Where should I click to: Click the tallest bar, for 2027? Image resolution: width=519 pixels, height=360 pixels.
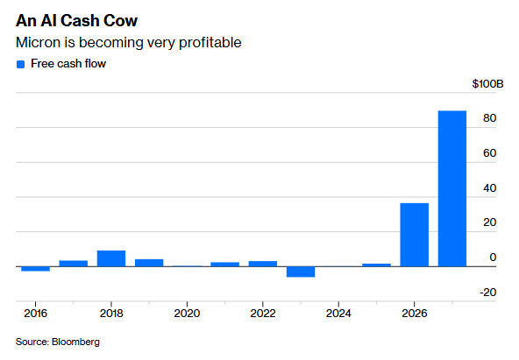pyautogui.click(x=452, y=188)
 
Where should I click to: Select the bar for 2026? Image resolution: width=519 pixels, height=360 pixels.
pyautogui.click(x=414, y=235)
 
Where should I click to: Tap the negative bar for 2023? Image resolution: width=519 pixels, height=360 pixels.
pyautogui.click(x=301, y=272)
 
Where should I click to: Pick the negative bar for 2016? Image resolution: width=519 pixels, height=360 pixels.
pyautogui.click(x=35, y=269)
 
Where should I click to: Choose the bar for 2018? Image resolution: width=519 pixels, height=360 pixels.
pyautogui.click(x=111, y=258)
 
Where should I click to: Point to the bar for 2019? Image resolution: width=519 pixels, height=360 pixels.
pyautogui.click(x=149, y=263)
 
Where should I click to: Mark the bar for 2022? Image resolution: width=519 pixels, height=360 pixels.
pyautogui.click(x=263, y=264)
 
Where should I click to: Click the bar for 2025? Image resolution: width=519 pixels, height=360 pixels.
pyautogui.click(x=376, y=265)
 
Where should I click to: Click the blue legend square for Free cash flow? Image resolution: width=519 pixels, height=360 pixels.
pyautogui.click(x=20, y=64)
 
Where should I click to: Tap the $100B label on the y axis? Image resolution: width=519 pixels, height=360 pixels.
pyautogui.click(x=487, y=84)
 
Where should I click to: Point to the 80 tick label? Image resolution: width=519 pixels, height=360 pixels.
pyautogui.click(x=489, y=118)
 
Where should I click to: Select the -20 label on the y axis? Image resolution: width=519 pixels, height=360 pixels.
pyautogui.click(x=488, y=293)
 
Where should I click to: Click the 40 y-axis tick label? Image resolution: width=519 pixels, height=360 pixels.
pyautogui.click(x=489, y=188)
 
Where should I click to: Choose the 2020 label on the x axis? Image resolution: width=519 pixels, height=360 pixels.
pyautogui.click(x=187, y=314)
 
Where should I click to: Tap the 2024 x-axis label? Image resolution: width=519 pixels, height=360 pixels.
pyautogui.click(x=338, y=314)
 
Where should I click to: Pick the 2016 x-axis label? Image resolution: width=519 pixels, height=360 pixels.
pyautogui.click(x=35, y=314)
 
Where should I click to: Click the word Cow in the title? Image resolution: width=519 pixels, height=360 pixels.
pyautogui.click(x=120, y=20)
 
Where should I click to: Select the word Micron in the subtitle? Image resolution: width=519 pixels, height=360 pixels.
pyautogui.click(x=39, y=42)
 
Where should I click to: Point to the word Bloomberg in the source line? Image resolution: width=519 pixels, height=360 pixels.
pyautogui.click(x=75, y=342)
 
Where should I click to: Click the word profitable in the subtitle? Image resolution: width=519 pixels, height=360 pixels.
pyautogui.click(x=210, y=43)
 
